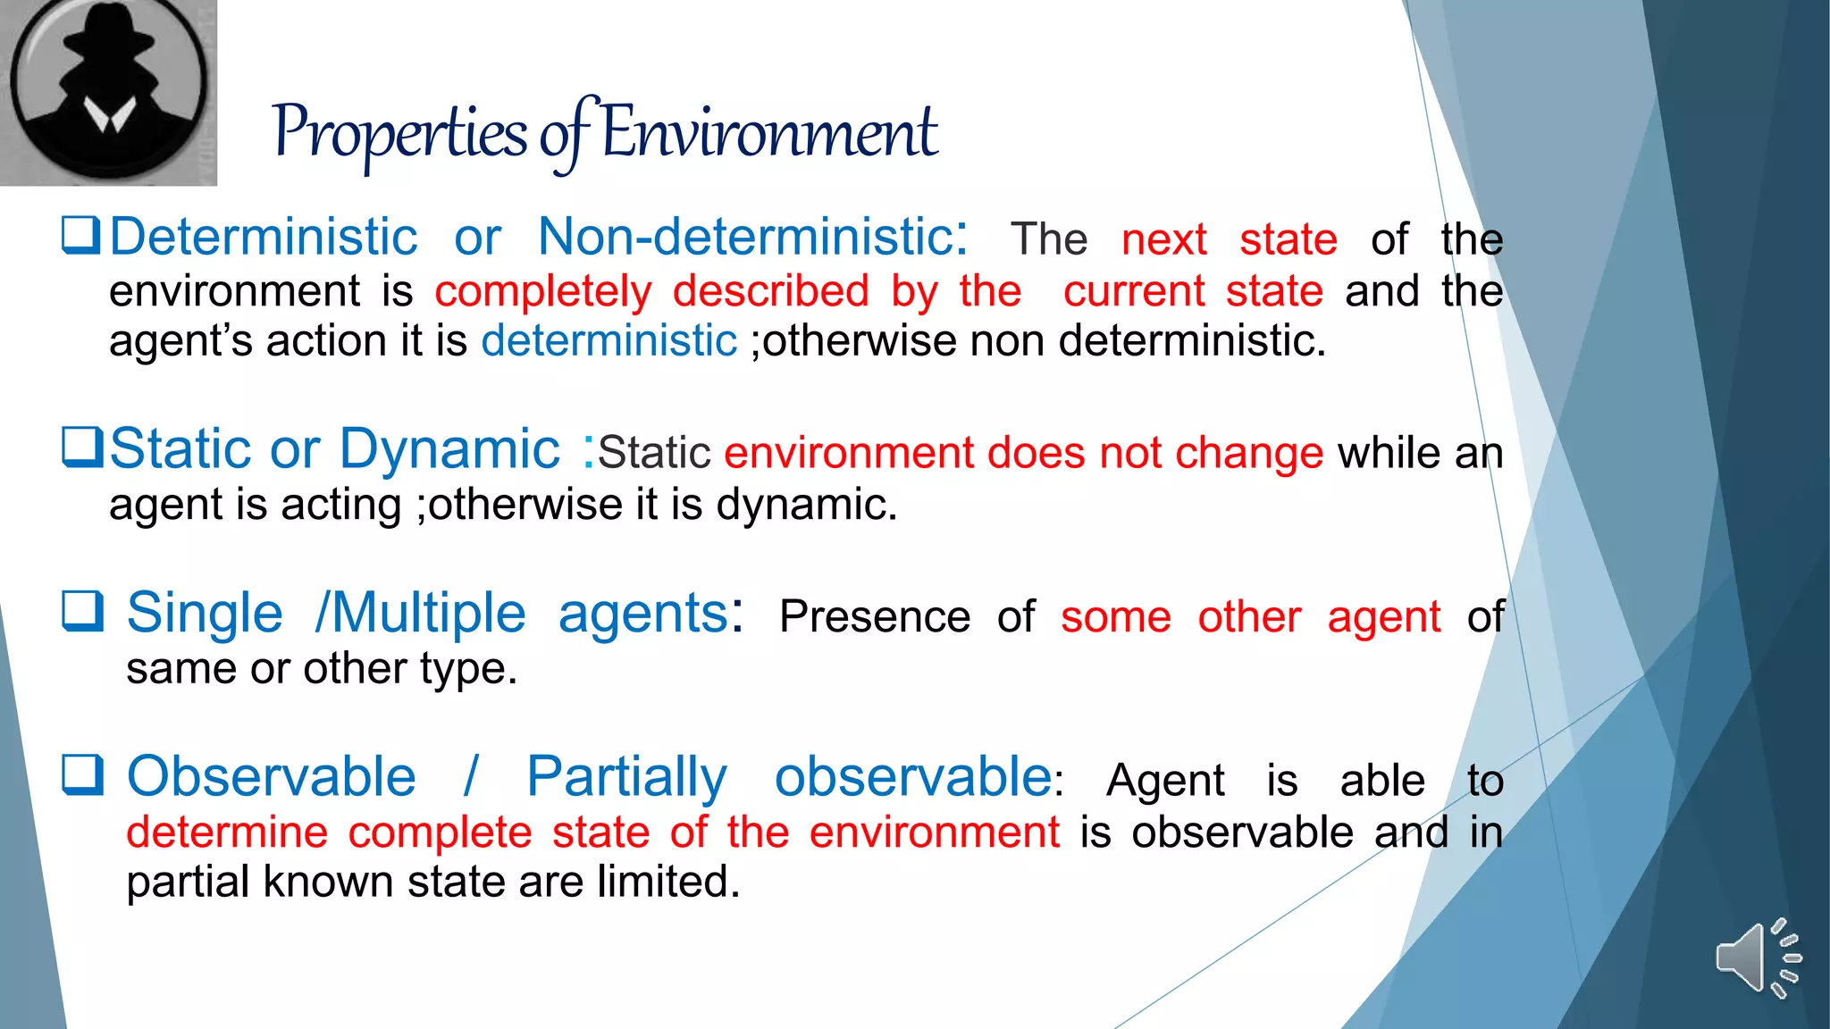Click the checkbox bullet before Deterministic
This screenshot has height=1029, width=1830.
coord(80,236)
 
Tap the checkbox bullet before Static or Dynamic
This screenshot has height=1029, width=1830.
coord(82,447)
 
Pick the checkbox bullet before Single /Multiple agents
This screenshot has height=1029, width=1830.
coord(82,611)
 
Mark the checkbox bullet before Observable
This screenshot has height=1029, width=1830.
coord(82,774)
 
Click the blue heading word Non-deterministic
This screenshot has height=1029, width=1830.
coord(747,237)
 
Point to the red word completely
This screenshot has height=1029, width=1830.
coord(543,291)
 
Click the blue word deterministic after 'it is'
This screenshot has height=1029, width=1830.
coord(609,341)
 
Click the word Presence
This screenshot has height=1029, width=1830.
coord(874,616)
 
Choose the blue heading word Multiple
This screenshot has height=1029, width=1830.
coord(429,614)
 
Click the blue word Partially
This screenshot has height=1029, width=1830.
coord(626,777)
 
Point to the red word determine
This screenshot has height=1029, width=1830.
coord(227,832)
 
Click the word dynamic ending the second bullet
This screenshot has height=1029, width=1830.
coord(805,506)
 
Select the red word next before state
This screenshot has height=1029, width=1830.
coord(1163,239)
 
